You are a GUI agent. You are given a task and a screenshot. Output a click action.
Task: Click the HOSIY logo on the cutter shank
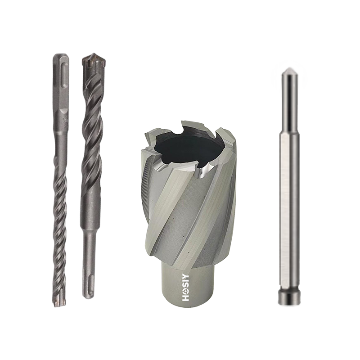coord(185,288)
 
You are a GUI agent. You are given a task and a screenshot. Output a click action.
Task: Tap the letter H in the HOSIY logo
coord(185,298)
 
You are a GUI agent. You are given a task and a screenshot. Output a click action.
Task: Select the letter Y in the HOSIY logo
coord(185,277)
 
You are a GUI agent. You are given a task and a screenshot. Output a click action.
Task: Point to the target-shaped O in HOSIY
coord(185,292)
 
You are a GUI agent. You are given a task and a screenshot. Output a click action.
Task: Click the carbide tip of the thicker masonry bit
coord(94,61)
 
